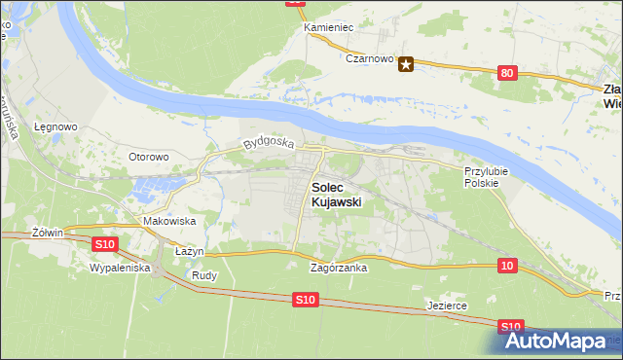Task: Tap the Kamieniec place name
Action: click(x=328, y=27)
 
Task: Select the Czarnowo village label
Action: click(x=369, y=59)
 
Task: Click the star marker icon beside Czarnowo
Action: click(x=407, y=65)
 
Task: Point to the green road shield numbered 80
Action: click(x=506, y=73)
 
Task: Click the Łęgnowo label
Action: click(x=55, y=126)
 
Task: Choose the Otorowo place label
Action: click(x=149, y=156)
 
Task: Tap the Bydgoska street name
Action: click(x=268, y=143)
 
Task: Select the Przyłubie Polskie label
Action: click(x=482, y=176)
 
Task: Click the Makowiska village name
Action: click(x=169, y=222)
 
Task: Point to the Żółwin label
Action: click(x=47, y=233)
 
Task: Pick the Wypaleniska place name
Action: click(x=119, y=267)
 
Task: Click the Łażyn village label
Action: click(x=189, y=251)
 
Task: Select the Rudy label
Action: click(x=204, y=275)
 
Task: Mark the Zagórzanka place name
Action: click(x=338, y=268)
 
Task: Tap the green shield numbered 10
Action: click(x=507, y=266)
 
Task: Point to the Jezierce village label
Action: click(x=448, y=306)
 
